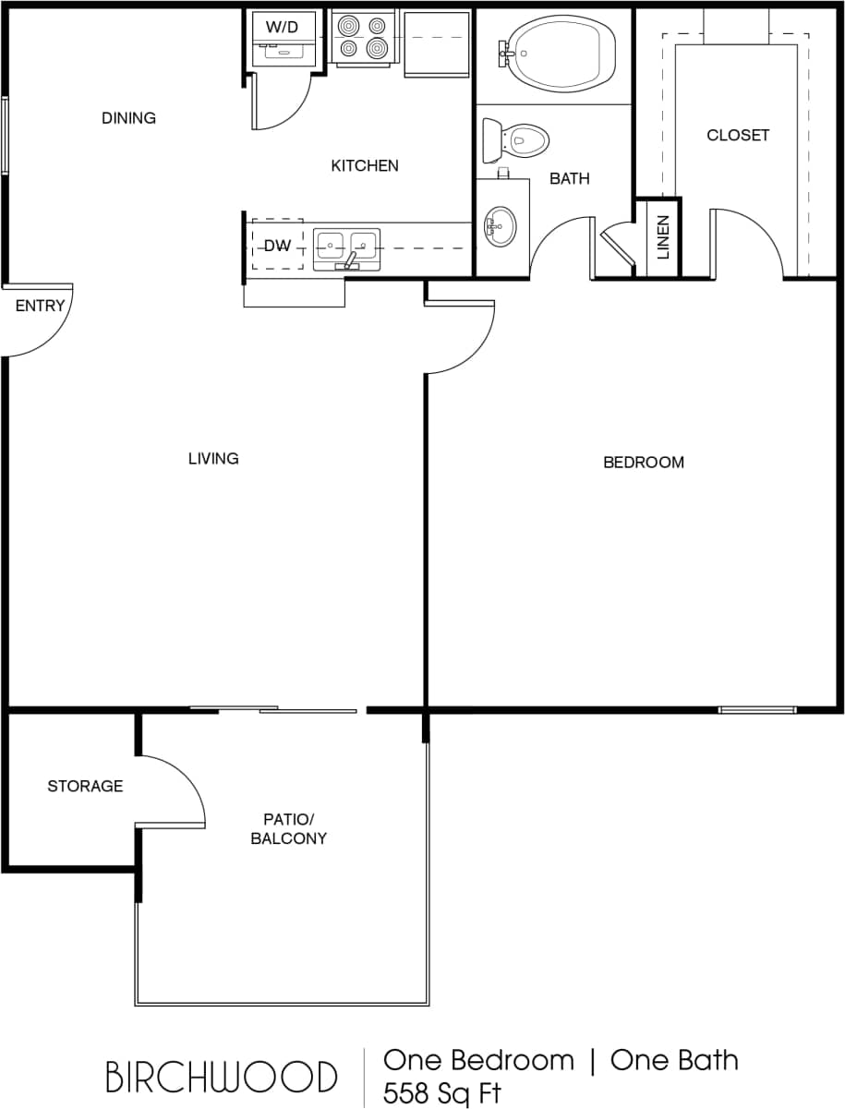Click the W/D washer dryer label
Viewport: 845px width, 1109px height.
[283, 27]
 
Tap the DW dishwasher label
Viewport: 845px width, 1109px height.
[277, 246]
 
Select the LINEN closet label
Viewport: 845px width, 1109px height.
[663, 237]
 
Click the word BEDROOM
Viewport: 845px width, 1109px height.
[644, 463]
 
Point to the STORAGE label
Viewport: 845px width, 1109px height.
[85, 787]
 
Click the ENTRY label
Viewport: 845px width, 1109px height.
[41, 306]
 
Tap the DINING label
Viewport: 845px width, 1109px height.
[128, 118]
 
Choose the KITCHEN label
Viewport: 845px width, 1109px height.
[365, 166]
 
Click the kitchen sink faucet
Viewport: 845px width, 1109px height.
[351, 260]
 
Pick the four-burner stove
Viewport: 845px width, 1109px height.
[362, 37]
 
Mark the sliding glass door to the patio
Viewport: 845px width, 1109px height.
[273, 709]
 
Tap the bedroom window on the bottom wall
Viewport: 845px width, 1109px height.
[757, 710]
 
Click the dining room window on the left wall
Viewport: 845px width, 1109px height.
[5, 136]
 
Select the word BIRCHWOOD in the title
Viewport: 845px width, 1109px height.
[221, 1077]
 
